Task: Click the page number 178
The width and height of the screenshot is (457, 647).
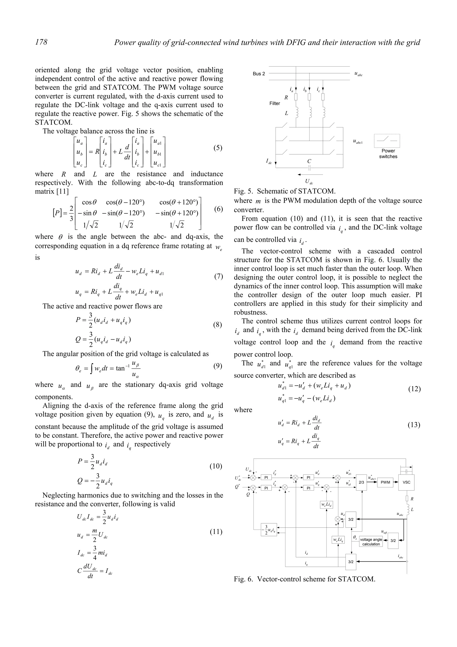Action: point(41,42)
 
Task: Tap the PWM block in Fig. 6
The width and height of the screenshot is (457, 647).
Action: point(385,482)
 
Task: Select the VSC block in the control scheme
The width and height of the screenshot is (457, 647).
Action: point(406,482)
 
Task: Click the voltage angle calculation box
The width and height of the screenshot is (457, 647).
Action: point(371,542)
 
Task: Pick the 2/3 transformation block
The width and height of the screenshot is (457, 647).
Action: point(361,482)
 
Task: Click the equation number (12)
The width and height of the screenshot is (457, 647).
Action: point(414,389)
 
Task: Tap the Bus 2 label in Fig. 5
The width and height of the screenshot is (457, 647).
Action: point(259,74)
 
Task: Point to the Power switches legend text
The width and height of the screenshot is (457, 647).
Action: point(388,154)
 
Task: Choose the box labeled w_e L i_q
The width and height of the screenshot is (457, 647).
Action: point(338,540)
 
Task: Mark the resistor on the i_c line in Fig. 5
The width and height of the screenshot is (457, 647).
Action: point(323,97)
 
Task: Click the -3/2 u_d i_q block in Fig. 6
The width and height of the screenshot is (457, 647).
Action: point(269,530)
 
